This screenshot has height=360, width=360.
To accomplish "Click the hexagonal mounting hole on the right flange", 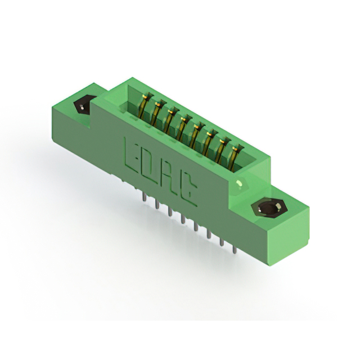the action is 269,209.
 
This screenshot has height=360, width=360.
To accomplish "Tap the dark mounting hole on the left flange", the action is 83,105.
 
